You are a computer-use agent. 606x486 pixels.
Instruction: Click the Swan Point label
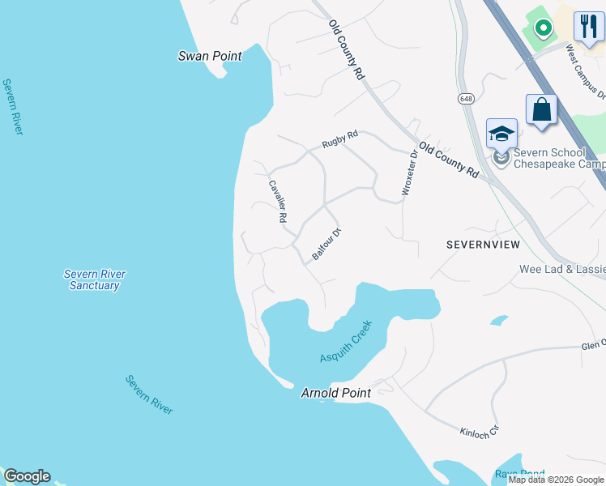click(x=210, y=56)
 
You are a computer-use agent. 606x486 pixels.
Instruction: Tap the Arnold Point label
click(x=335, y=393)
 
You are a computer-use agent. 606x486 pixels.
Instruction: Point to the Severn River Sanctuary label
click(x=94, y=279)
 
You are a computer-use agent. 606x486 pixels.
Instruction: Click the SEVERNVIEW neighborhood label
click(x=481, y=244)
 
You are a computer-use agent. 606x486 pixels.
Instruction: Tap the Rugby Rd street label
click(x=339, y=139)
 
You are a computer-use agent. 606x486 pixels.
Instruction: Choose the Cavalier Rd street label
click(x=279, y=201)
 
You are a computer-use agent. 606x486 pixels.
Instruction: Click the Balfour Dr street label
click(x=327, y=244)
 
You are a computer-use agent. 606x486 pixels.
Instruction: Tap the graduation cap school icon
click(x=501, y=132)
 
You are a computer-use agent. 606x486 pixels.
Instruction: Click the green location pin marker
click(x=543, y=27)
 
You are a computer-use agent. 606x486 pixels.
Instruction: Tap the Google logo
click(x=27, y=476)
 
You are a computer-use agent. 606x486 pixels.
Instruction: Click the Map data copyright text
click(x=556, y=480)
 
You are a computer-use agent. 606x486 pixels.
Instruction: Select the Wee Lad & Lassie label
click(x=562, y=269)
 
